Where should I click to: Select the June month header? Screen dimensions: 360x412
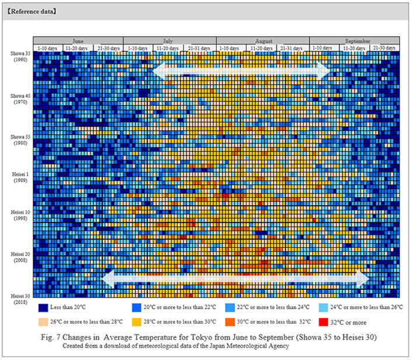click(x=78, y=41)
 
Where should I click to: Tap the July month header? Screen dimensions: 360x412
click(x=169, y=41)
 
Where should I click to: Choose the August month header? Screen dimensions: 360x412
click(x=263, y=41)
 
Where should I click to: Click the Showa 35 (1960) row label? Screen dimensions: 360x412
click(x=20, y=57)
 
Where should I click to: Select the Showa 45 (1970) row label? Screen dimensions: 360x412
click(x=20, y=99)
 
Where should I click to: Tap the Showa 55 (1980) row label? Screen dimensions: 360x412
click(x=20, y=140)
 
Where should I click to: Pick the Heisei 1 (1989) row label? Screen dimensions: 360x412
click(x=20, y=177)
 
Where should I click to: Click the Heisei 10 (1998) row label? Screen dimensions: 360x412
click(x=20, y=214)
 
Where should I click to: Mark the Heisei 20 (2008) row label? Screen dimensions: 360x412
click(x=20, y=257)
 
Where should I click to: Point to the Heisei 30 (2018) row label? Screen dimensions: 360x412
click(x=20, y=298)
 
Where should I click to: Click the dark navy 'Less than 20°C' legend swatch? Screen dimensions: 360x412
click(x=43, y=307)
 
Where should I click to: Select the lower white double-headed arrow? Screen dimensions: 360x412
click(x=236, y=279)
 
